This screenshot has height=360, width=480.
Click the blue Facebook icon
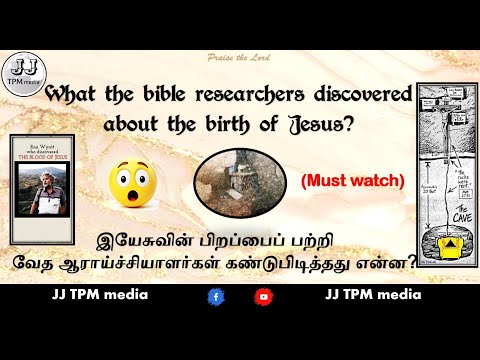pyautogui.click(x=215, y=297)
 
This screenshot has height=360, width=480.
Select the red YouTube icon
pyautogui.click(x=263, y=297)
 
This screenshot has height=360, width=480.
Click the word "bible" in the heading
pyautogui.click(x=172, y=98)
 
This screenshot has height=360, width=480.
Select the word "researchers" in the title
pyautogui.click(x=250, y=98)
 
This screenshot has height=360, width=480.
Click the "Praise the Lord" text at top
pyautogui.click(x=241, y=61)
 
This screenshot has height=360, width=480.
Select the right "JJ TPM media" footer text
pyautogui.click(x=372, y=296)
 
